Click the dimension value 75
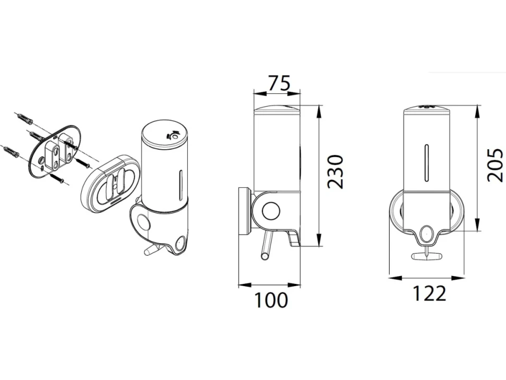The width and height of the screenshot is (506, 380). pyautogui.click(x=280, y=83)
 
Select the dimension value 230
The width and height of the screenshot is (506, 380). pyautogui.click(x=335, y=172)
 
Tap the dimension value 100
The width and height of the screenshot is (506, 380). pyautogui.click(x=271, y=300)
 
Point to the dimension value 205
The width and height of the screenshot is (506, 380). pyautogui.click(x=495, y=165)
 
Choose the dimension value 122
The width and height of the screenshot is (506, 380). pyautogui.click(x=429, y=293)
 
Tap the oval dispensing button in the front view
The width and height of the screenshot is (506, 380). pyautogui.click(x=426, y=233)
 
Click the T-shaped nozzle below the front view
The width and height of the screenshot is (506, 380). pyautogui.click(x=426, y=255)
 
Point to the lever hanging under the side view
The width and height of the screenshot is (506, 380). pyautogui.click(x=267, y=245)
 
